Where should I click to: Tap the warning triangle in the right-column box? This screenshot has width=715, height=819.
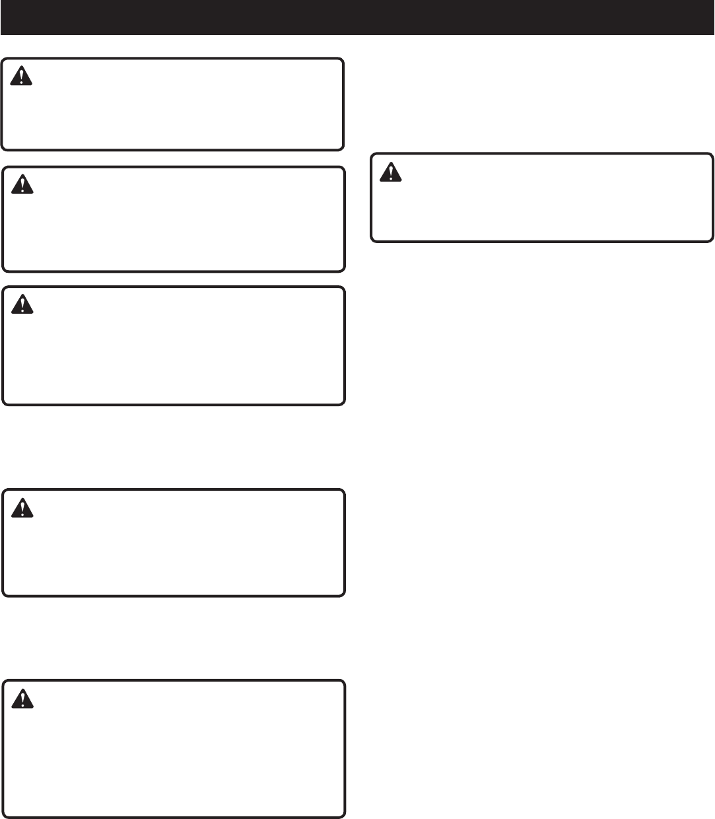392,172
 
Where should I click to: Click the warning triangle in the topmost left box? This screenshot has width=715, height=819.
22,77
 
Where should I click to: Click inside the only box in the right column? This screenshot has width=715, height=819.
542,198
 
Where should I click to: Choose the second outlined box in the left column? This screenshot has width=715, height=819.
173,219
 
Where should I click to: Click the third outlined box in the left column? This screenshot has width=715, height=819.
173,345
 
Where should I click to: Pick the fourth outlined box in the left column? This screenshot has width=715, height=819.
173,543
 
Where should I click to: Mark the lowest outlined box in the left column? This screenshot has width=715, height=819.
173,748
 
